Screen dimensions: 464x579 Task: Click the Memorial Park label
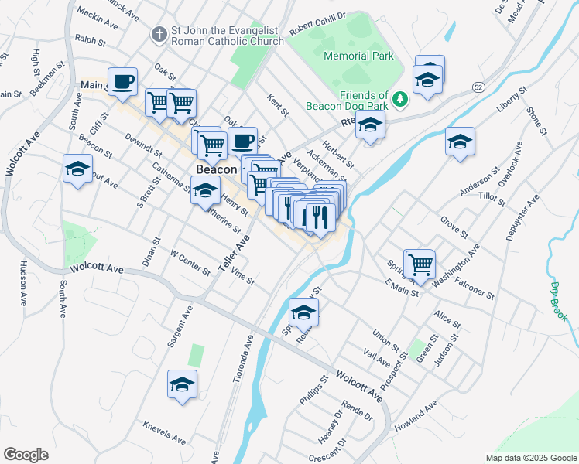coord(358,56)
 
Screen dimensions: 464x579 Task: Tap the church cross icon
coord(159,35)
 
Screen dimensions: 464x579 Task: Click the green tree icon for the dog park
coord(399,99)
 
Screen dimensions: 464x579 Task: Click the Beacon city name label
coord(216,169)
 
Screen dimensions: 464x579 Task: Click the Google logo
coord(26,455)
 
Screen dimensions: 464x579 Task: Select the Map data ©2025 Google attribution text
coord(530,458)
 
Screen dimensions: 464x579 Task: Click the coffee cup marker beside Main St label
coord(122,81)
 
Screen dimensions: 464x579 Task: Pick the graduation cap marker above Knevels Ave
coord(182,384)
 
